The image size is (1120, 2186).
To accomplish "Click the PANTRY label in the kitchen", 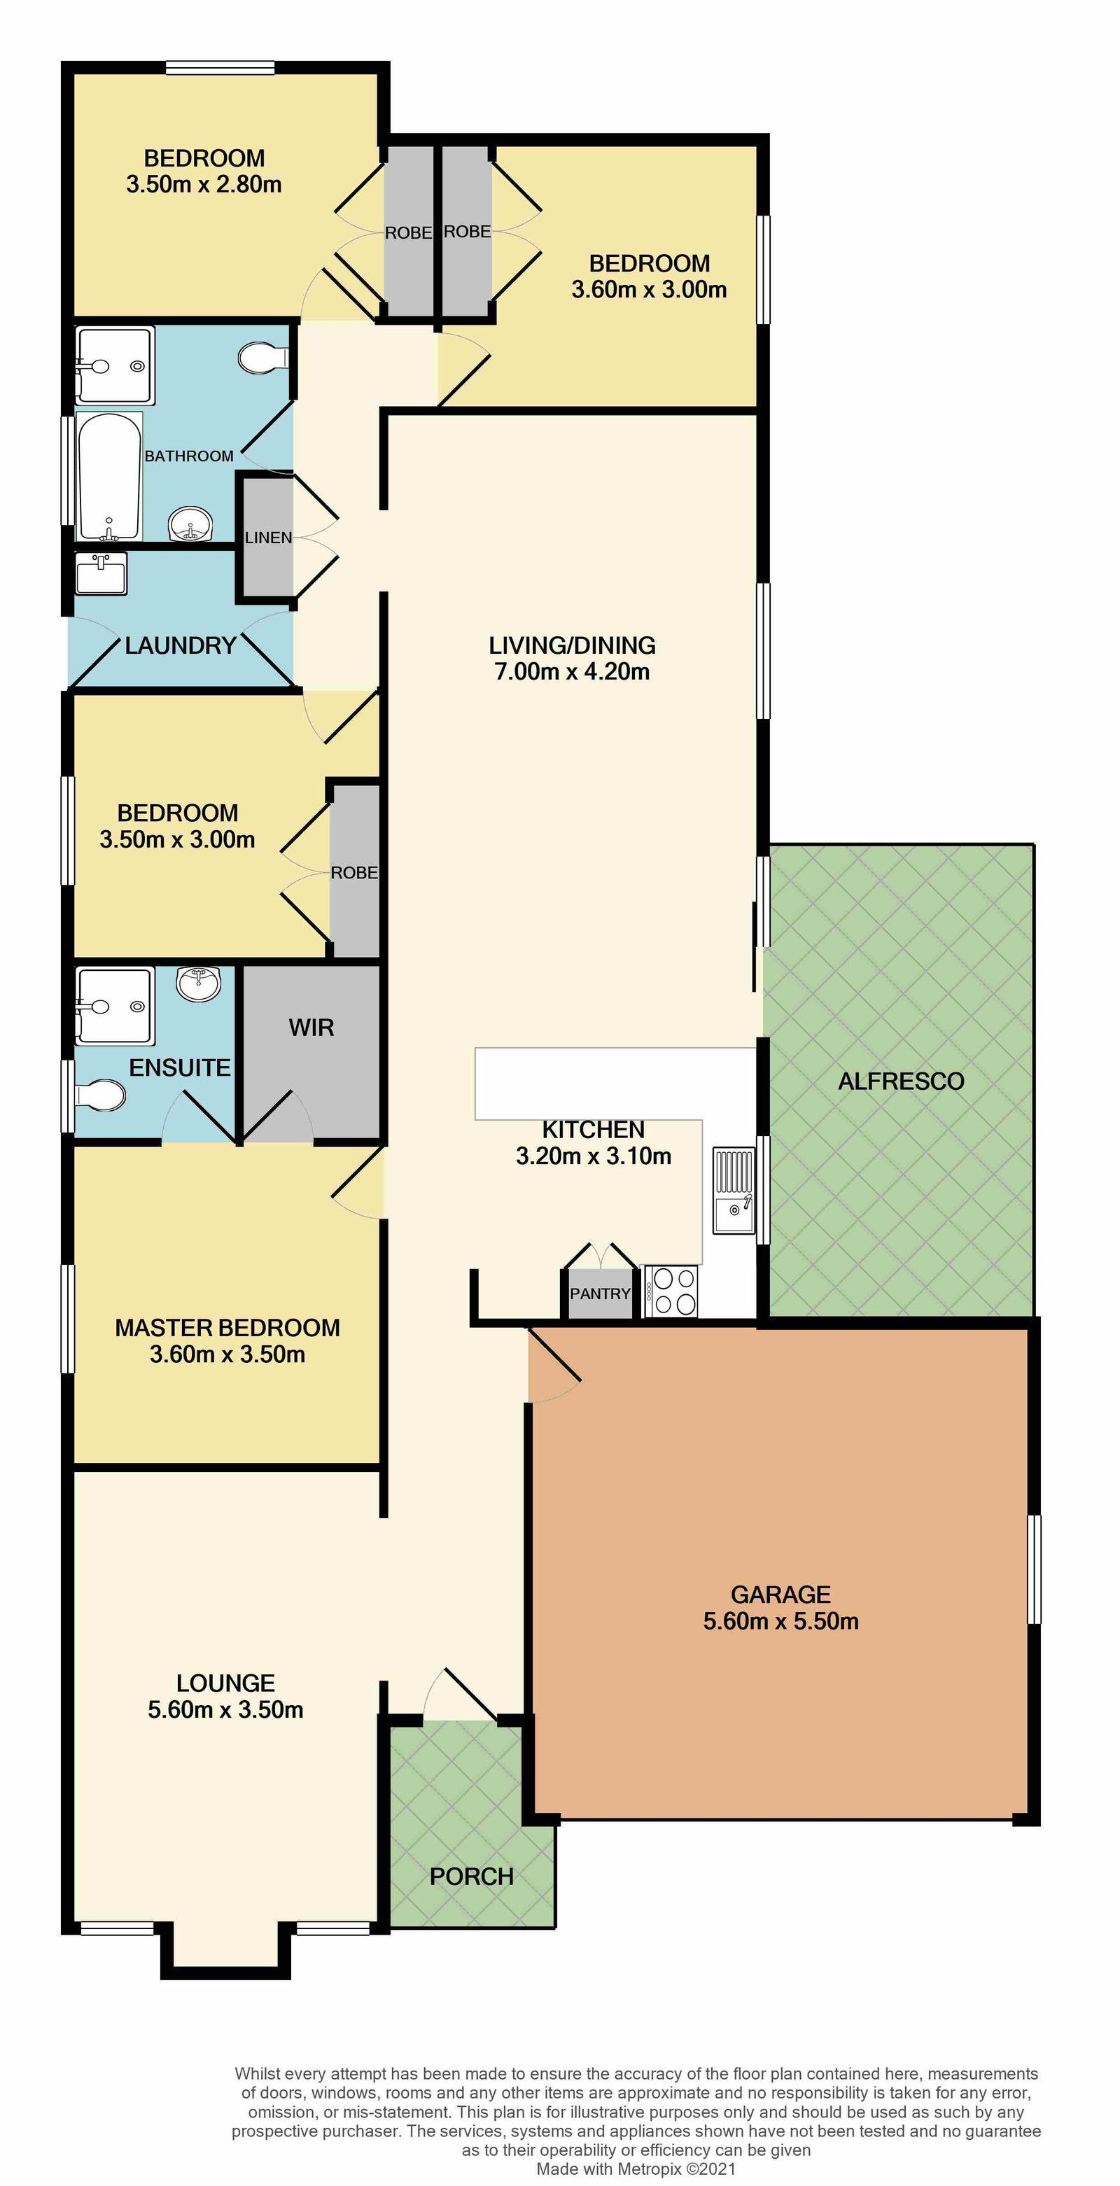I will [600, 1294].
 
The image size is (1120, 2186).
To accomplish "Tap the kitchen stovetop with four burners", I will [671, 1291].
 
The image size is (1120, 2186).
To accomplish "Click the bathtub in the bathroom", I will [108, 477].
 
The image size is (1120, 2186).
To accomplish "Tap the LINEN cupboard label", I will [268, 537].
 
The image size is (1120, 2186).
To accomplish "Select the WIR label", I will [311, 1028].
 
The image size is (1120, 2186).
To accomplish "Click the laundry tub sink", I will [101, 574].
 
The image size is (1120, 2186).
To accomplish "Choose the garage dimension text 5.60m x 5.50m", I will [780, 1621].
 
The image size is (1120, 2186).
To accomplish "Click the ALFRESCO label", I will [901, 1081].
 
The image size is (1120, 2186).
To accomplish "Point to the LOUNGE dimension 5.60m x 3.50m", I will [225, 1709].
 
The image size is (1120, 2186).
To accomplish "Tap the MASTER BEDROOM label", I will [227, 1328].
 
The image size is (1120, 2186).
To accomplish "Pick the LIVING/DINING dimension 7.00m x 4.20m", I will [572, 671].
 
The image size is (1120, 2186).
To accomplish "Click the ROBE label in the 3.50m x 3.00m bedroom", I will [353, 872].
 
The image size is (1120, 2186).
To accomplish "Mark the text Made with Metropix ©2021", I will [636, 2169].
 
